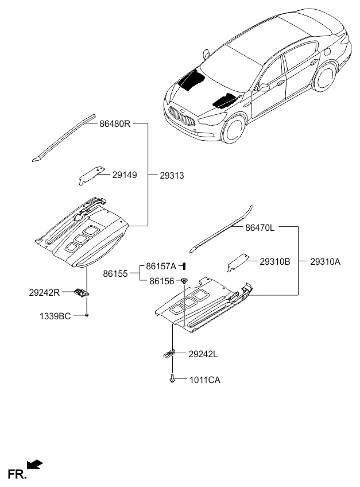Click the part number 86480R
[115, 123]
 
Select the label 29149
[125, 174]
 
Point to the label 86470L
[261, 227]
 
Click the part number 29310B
[274, 261]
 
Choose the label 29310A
[326, 261]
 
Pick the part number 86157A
[161, 266]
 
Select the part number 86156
[161, 281]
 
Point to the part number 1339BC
[55, 315]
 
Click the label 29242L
[203, 354]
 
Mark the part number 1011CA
[204, 380]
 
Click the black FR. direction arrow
[35, 464]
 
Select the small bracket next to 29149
[90, 175]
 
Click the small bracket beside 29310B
[238, 262]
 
